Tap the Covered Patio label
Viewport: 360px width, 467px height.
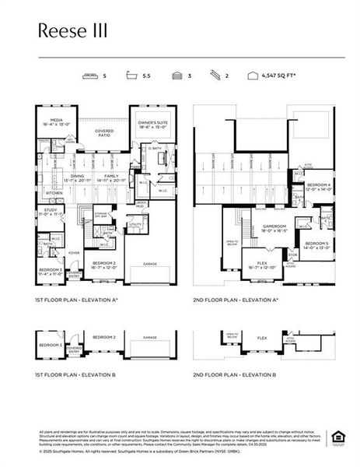click(104, 133)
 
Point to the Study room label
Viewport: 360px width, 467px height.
click(50, 210)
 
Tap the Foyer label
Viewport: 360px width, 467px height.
click(75, 253)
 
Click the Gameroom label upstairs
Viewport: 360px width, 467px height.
click(253, 227)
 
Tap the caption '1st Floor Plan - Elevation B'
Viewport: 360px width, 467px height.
click(76, 374)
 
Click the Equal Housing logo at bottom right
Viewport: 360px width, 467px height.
click(338, 435)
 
